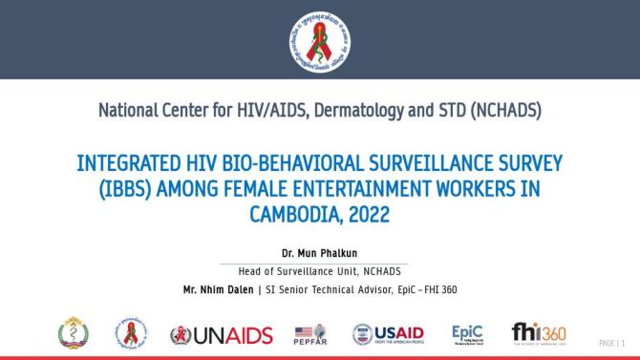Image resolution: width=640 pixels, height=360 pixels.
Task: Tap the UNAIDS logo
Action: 221,334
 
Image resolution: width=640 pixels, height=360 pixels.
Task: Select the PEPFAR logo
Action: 312,334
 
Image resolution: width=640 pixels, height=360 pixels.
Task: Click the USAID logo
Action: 389,334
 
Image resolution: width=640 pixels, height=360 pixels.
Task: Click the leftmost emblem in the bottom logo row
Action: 75,333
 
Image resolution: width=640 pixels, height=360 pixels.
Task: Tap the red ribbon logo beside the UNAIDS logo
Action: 132,333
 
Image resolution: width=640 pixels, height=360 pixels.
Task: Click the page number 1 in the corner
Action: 624,342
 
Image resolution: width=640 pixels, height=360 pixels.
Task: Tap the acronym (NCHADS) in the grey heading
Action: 496,112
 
